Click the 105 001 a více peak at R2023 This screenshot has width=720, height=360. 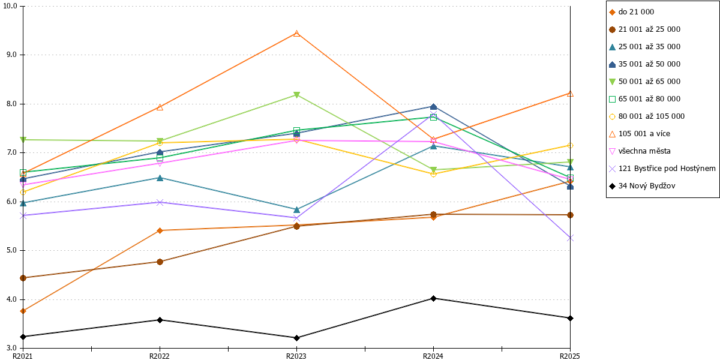pyautogui.click(x=296, y=34)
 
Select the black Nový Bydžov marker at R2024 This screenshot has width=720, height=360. pyautogui.click(x=433, y=298)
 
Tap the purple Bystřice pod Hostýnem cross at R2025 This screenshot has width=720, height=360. pyautogui.click(x=570, y=238)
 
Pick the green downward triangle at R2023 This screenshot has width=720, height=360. pyautogui.click(x=296, y=95)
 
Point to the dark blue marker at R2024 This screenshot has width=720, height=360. pyautogui.click(x=433, y=107)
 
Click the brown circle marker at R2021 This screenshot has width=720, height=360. pyautogui.click(x=23, y=278)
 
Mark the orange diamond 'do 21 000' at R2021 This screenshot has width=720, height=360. pyautogui.click(x=23, y=311)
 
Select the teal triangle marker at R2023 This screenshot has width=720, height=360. pyautogui.click(x=296, y=209)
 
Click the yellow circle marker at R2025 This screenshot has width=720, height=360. pyautogui.click(x=570, y=146)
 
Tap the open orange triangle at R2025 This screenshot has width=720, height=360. pyautogui.click(x=570, y=94)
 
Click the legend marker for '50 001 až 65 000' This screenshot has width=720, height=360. pyautogui.click(x=613, y=82)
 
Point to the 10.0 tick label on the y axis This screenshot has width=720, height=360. pyautogui.click(x=10, y=6)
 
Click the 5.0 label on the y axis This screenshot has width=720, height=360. pyautogui.click(x=11, y=250)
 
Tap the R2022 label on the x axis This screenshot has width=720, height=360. pyautogui.click(x=160, y=356)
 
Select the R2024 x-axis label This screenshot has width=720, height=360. pyautogui.click(x=433, y=356)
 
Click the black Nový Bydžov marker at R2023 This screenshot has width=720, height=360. pyautogui.click(x=296, y=338)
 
